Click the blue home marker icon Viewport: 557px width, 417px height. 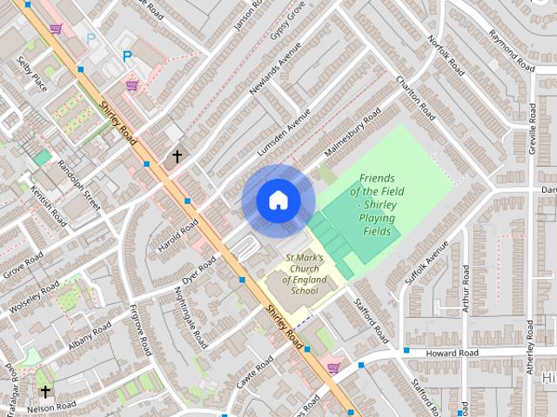click(278, 200)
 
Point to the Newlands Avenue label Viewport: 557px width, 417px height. click(275, 69)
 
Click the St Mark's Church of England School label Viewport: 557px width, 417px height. click(305, 274)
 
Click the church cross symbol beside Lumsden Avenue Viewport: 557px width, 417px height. click(177, 157)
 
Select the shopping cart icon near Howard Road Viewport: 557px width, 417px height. click(333, 367)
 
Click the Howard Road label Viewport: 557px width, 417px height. click(452, 354)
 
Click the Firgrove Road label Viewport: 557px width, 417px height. click(141, 330)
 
